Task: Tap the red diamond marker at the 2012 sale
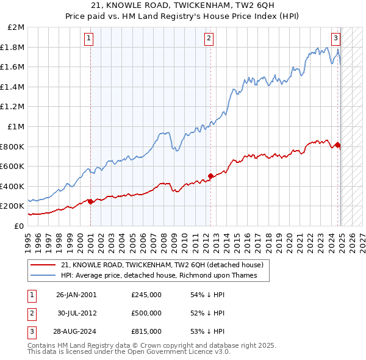(x=210, y=176)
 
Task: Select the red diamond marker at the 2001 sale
(x=90, y=201)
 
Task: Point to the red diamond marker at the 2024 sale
(x=338, y=145)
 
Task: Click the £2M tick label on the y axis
(x=16, y=27)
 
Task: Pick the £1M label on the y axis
(x=16, y=126)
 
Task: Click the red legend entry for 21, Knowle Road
(x=162, y=265)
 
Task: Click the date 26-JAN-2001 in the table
(x=76, y=295)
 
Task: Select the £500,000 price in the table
(x=146, y=313)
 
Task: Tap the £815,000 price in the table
(x=146, y=331)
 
